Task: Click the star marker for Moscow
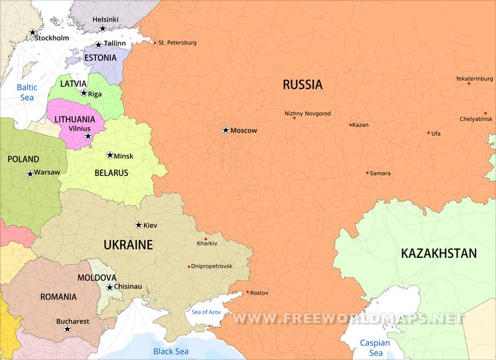click(226, 130)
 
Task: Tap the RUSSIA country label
click(303, 85)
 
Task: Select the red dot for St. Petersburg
click(154, 43)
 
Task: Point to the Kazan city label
click(360, 125)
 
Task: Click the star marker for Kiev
click(138, 225)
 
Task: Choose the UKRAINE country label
click(128, 245)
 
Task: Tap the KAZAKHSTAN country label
click(438, 253)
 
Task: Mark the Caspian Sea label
click(376, 348)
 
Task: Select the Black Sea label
click(170, 351)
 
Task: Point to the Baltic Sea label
click(27, 92)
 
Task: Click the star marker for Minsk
click(110, 155)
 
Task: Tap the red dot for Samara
click(367, 173)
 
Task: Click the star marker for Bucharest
click(67, 329)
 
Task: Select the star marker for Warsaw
click(30, 173)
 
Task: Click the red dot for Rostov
click(247, 292)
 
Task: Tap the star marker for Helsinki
click(103, 29)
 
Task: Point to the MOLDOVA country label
click(97, 278)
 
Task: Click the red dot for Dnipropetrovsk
click(189, 266)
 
